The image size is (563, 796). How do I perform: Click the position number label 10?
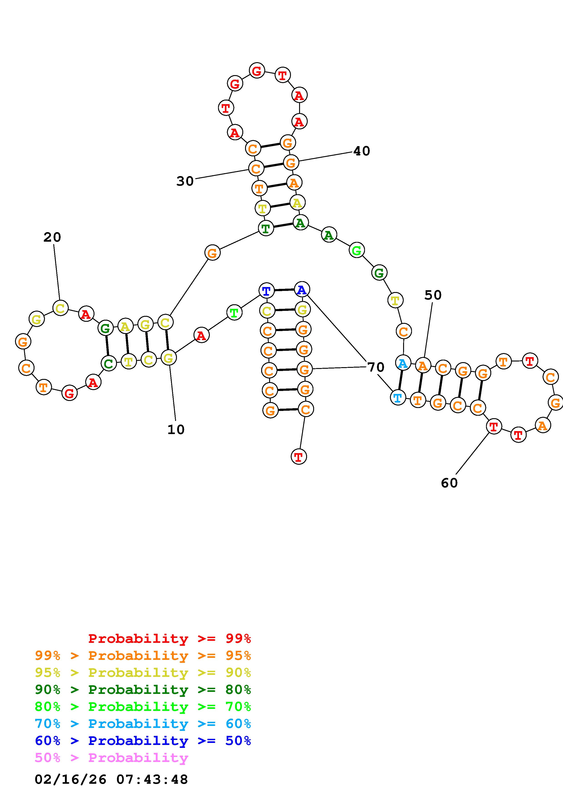(x=176, y=430)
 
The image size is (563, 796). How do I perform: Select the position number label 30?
(x=185, y=181)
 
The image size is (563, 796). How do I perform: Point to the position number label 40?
(x=362, y=151)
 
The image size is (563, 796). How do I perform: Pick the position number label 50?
(x=433, y=295)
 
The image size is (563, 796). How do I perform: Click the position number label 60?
(x=449, y=483)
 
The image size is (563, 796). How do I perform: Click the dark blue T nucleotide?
(x=266, y=290)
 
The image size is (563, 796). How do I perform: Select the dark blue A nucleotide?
(x=302, y=289)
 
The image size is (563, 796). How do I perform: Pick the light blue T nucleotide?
(x=398, y=397)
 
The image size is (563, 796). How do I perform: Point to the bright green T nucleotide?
(x=234, y=313)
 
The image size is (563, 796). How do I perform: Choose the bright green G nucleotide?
(x=356, y=250)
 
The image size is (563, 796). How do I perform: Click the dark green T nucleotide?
(x=266, y=228)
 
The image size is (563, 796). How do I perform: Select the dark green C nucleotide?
(x=109, y=363)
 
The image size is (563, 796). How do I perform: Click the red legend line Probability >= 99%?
(x=170, y=638)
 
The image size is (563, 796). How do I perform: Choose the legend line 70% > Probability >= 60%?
(x=143, y=724)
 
